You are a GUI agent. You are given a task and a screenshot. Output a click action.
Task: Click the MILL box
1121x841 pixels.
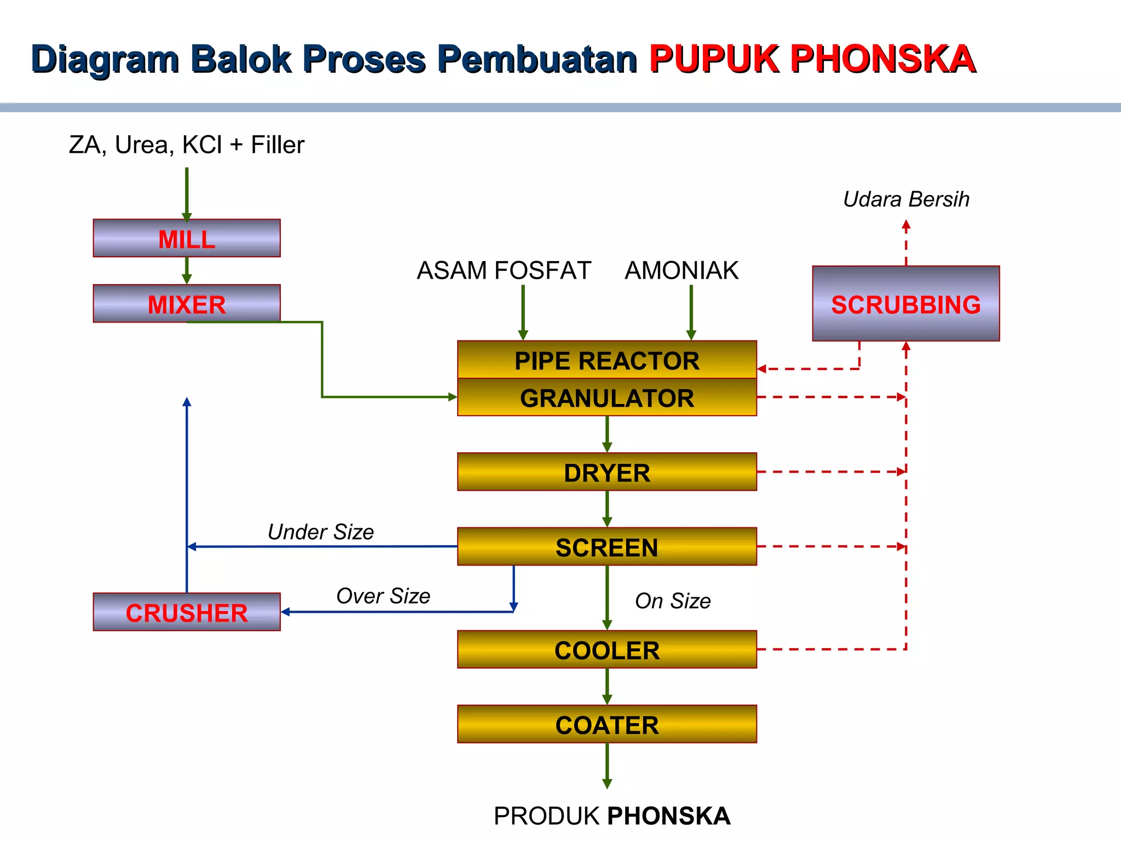click(x=187, y=239)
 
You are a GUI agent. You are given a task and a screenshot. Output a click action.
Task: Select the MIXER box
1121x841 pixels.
click(x=187, y=304)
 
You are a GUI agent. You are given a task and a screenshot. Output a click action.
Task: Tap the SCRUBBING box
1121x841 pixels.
click(x=906, y=304)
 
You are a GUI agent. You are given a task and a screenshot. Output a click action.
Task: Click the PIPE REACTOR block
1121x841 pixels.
click(x=606, y=360)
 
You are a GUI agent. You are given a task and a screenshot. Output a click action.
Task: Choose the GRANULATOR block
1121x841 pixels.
click(x=606, y=398)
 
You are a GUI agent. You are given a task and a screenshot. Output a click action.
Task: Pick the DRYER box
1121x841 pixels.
click(x=606, y=472)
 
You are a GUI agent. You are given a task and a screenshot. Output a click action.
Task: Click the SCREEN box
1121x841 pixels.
click(x=606, y=547)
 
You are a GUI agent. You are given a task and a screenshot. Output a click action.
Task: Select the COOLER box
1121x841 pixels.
click(x=606, y=650)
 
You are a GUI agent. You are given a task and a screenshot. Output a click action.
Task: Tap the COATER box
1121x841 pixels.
click(x=606, y=724)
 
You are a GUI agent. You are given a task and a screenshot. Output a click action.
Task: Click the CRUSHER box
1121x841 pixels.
click(x=187, y=612)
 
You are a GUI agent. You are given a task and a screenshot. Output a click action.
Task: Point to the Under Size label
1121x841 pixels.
click(x=321, y=532)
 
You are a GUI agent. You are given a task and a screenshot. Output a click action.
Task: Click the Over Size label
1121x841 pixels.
click(x=383, y=596)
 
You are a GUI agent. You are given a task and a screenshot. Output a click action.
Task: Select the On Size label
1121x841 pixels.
click(x=673, y=601)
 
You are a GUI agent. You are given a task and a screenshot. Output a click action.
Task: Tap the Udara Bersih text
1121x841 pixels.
click(x=906, y=199)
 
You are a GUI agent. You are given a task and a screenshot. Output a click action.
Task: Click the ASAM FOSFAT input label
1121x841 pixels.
click(x=504, y=270)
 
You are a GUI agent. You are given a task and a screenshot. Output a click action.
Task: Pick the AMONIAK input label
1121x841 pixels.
click(x=681, y=270)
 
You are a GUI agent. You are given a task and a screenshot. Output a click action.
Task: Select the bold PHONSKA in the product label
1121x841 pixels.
click(x=669, y=816)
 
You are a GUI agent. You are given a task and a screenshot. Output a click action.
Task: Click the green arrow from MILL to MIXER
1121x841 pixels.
click(x=187, y=270)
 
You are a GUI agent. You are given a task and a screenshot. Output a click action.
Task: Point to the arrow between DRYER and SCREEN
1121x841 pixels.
click(x=606, y=509)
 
